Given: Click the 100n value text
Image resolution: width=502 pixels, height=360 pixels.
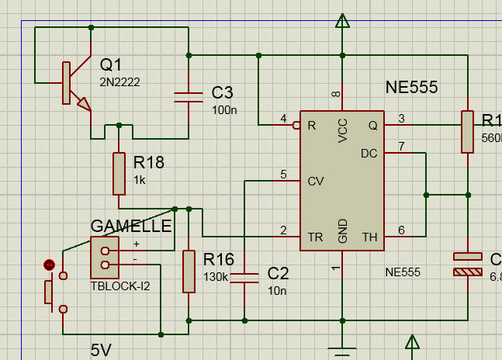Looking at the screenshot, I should pyautogui.click(x=224, y=110).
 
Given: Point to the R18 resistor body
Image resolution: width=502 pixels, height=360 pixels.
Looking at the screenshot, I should pyautogui.click(x=119, y=173).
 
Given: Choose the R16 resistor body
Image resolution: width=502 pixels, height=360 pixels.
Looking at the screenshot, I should pyautogui.click(x=189, y=271).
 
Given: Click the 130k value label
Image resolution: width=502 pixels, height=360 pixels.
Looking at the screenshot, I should pyautogui.click(x=216, y=277).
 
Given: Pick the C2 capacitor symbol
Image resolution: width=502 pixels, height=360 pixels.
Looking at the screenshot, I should pyautogui.click(x=245, y=278).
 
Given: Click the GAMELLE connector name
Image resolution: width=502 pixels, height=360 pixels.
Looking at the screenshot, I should pyautogui.click(x=131, y=226).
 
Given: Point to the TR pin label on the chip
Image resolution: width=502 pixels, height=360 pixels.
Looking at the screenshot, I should pyautogui.click(x=316, y=237).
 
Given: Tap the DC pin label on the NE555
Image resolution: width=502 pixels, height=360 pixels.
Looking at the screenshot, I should pyautogui.click(x=369, y=154).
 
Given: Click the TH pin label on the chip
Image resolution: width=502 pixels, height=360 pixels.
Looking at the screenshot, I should pyautogui.click(x=369, y=237).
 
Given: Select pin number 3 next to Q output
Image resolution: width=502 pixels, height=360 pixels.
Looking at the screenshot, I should pyautogui.click(x=401, y=118).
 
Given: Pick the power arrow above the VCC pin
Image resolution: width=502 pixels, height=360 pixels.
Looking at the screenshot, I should pyautogui.click(x=342, y=21).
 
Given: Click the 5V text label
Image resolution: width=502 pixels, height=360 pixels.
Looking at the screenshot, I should pyautogui.click(x=101, y=350).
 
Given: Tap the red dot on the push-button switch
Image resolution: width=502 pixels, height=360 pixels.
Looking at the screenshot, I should pyautogui.click(x=50, y=265).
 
